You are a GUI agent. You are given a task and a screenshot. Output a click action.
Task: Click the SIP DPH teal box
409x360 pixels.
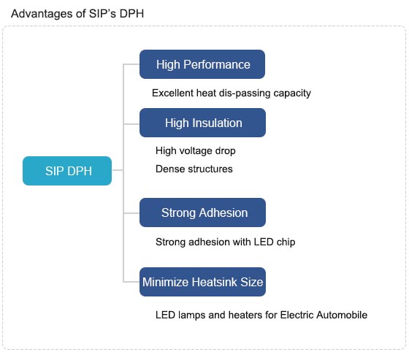point(67,171)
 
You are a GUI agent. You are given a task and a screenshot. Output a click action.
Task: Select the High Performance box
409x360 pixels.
point(202,64)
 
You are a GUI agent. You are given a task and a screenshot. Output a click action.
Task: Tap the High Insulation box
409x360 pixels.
point(203,123)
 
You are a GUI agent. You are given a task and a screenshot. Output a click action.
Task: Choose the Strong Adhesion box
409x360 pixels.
point(203,212)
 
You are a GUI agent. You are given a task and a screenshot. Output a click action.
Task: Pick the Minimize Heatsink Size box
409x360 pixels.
point(203,282)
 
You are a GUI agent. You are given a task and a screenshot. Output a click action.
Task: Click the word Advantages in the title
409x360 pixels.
point(42,14)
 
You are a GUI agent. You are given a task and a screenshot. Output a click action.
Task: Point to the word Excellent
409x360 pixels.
point(172,93)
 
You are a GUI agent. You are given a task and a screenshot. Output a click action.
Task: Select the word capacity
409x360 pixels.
point(292,93)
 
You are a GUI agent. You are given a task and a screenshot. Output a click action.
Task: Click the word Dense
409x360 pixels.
point(169,169)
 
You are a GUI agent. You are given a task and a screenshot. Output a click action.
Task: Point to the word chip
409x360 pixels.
point(286,242)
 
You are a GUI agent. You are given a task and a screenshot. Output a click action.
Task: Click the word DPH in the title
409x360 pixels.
point(131,14)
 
